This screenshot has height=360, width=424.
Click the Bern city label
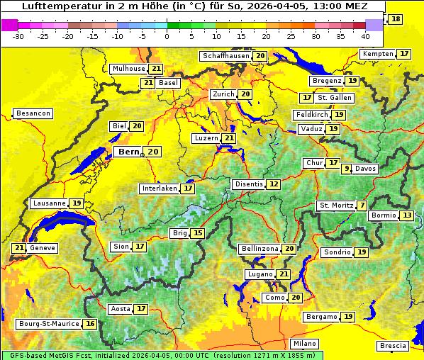point(128,152)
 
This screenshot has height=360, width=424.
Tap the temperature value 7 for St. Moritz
point(362,206)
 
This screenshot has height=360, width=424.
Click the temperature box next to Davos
point(347,169)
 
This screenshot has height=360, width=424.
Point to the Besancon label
point(33,113)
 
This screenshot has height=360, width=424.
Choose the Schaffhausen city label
point(225,56)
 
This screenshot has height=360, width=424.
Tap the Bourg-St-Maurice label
point(48,324)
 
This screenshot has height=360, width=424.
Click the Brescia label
point(394,346)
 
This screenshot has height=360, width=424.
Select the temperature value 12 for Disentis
point(274,184)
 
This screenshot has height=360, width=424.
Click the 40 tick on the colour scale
point(365,36)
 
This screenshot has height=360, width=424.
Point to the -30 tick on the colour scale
point(18,36)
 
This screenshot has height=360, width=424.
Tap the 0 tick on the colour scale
point(167,36)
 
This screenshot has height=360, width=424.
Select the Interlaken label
point(159,189)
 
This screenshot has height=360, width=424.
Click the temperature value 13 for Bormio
point(406,215)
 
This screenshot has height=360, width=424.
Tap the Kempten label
point(377,54)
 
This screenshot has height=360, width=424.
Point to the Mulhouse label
point(128,69)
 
